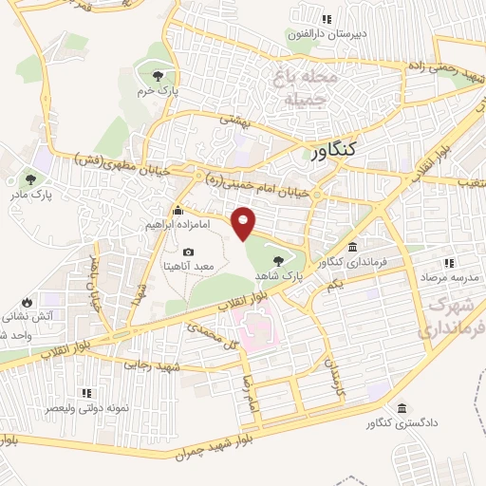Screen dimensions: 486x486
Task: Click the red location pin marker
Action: [245, 221]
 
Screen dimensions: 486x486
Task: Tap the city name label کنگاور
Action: [333, 149]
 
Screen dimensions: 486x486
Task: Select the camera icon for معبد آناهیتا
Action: [188, 252]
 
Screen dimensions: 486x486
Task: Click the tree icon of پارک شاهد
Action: [277, 261]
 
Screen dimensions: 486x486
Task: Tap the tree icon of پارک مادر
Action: [30, 178]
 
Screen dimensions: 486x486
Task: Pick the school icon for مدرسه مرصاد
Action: [449, 263]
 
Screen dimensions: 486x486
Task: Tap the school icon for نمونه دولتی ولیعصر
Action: [86, 392]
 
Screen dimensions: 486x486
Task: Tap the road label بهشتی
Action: [234, 121]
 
